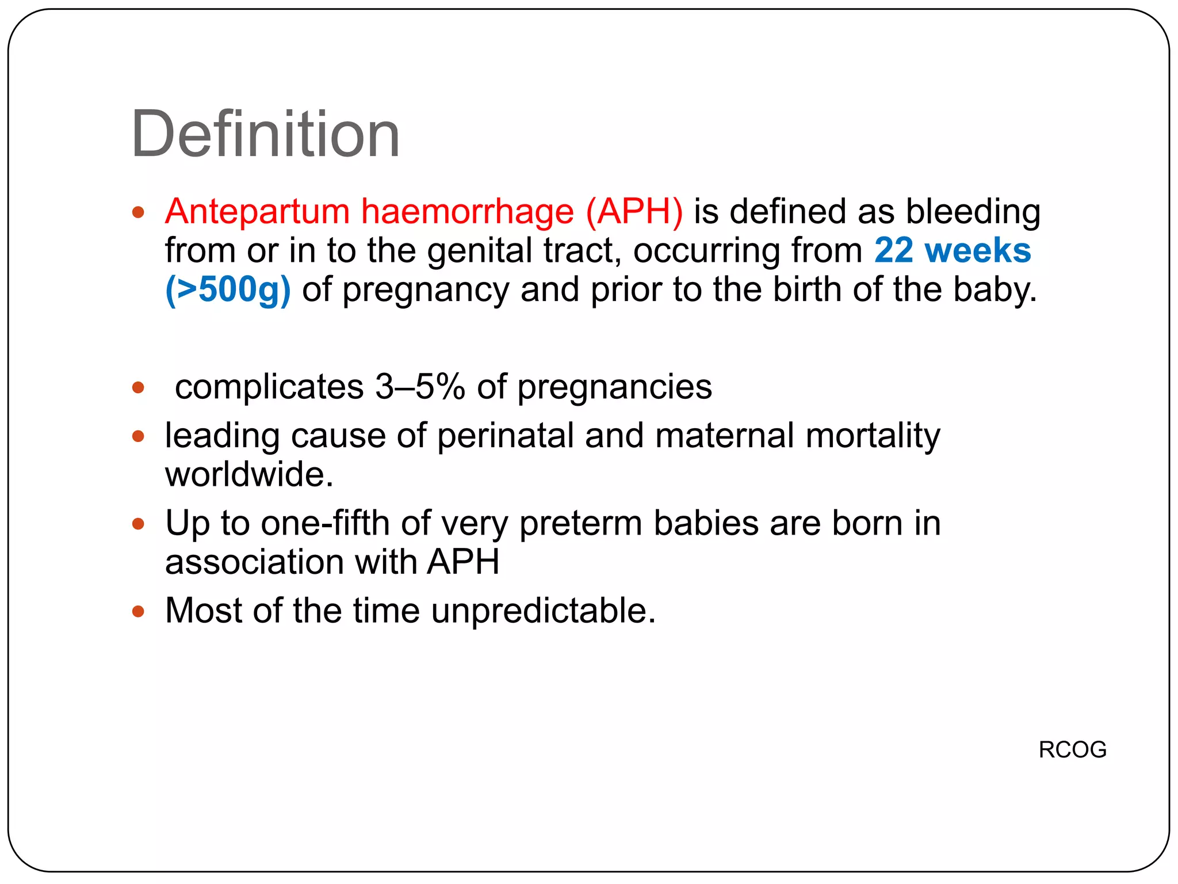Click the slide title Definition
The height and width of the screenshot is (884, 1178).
pos(265,135)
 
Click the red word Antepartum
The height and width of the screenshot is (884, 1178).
pos(257,211)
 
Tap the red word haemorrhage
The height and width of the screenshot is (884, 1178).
pos(467,211)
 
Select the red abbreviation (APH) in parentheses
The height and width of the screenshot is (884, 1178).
pos(634,211)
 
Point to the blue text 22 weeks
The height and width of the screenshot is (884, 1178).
pos(952,250)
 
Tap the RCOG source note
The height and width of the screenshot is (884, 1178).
pos(1072,749)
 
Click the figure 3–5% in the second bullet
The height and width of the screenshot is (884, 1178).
pos(420,386)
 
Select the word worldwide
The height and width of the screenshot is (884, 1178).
pos(249,474)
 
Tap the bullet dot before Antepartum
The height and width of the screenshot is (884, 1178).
pos(138,212)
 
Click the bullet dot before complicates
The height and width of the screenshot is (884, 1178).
pos(138,387)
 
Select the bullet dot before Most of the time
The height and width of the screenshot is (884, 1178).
pos(138,611)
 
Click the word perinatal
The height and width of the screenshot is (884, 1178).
pos(506,435)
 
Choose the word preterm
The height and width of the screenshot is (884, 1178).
pos(580,524)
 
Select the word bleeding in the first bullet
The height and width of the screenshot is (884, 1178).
pos(973,211)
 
